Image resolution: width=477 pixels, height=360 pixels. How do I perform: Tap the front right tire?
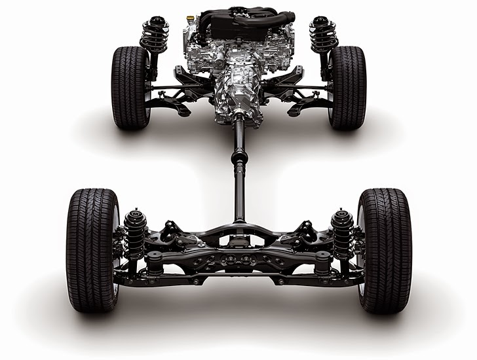347,86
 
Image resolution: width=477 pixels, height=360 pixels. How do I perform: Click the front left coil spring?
155,36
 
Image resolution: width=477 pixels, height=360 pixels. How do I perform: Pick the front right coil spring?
323,36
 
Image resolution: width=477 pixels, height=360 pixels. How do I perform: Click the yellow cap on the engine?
191,19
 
